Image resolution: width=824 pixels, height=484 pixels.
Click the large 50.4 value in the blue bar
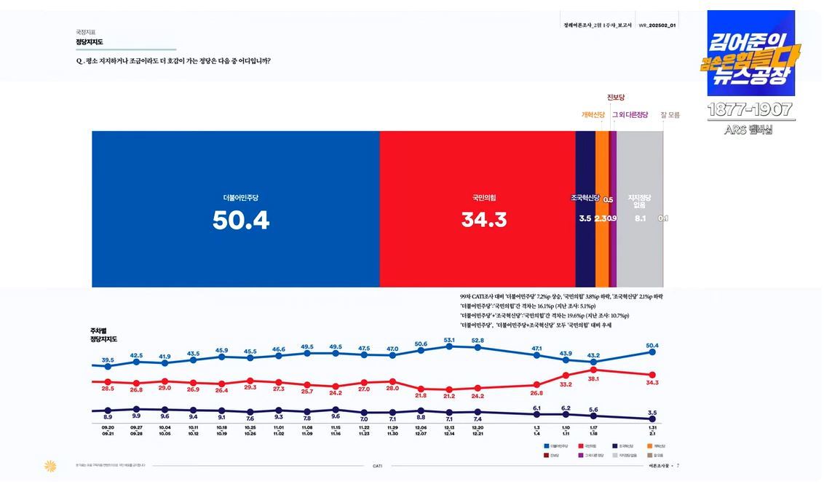coord(241,219)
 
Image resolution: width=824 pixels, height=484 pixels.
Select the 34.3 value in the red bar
coord(484,219)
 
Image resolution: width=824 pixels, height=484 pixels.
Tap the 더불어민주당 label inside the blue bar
coord(241,197)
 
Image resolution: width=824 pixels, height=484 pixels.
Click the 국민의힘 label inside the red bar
coord(484,197)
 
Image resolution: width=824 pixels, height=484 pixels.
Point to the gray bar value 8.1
coord(641,218)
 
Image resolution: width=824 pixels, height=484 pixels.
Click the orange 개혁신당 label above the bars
coord(593,114)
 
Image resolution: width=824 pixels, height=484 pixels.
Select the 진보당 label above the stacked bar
coord(616,97)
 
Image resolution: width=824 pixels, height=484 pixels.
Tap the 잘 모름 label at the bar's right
coord(670,114)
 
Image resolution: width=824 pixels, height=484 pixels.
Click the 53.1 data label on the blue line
coord(449,340)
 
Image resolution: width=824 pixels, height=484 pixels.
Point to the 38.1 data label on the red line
coord(594,378)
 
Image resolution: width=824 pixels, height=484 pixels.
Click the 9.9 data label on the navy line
coord(136,416)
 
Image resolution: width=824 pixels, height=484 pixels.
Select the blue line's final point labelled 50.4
coord(652,352)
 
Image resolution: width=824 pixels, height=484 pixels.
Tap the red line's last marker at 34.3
coord(652,374)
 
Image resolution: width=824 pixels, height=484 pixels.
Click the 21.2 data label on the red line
coord(449,396)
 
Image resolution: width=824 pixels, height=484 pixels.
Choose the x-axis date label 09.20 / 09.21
coord(108,430)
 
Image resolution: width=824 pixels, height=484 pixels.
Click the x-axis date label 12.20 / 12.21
coord(478,430)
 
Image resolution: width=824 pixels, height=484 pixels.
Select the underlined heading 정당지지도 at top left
coord(90,42)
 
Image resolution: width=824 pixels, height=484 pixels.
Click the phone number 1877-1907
coord(750,111)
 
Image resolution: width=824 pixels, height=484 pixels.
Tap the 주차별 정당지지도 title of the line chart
coord(103,336)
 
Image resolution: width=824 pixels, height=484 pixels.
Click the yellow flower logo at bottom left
coord(50,466)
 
